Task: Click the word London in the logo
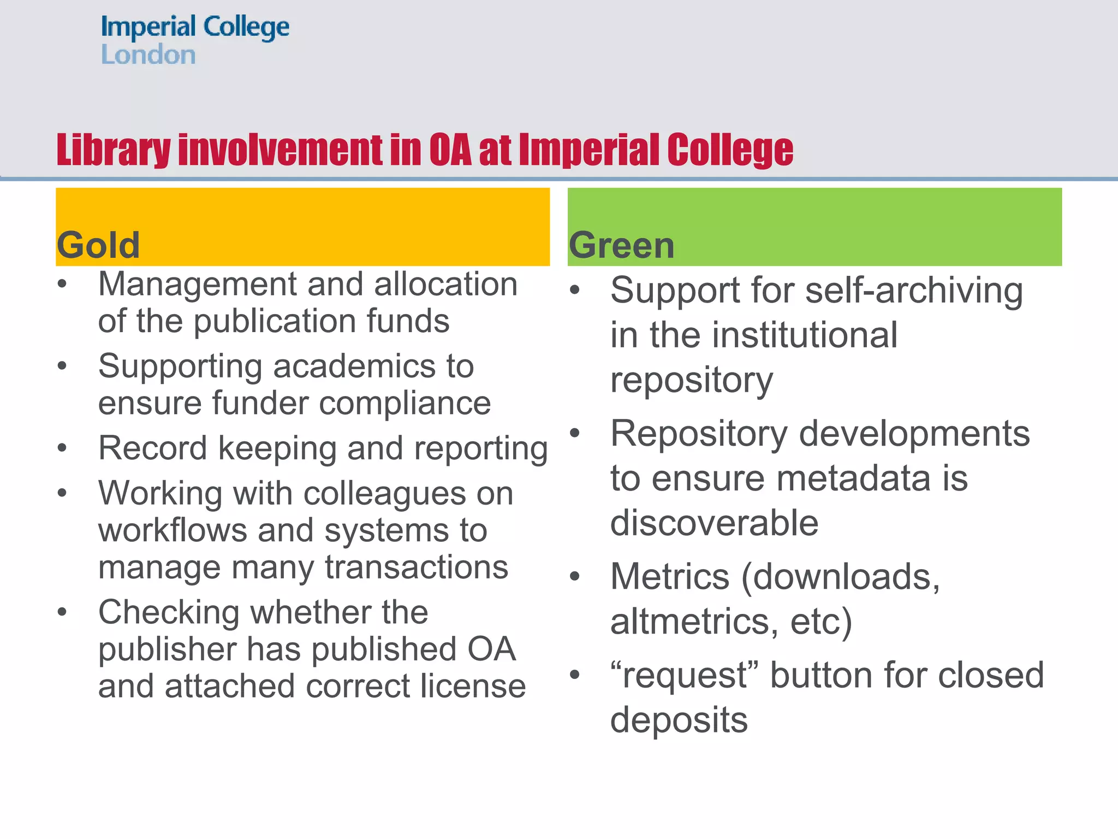[148, 55]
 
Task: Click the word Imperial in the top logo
[148, 27]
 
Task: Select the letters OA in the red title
[450, 150]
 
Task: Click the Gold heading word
[98, 245]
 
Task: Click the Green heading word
[622, 245]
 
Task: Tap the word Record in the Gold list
[153, 448]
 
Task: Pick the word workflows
[173, 531]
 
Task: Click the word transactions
[417, 568]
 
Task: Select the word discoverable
[714, 523]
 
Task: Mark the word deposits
[679, 720]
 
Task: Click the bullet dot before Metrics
[574, 577]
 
